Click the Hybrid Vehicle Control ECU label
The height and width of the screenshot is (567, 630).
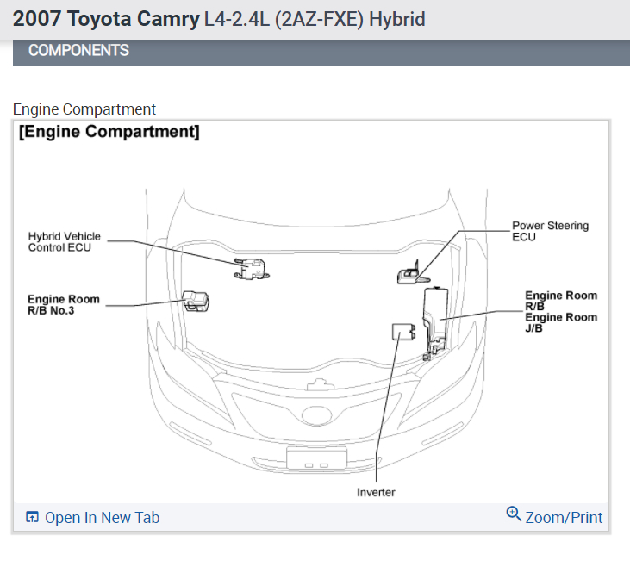[x=64, y=241]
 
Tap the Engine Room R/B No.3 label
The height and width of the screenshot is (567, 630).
[x=63, y=304]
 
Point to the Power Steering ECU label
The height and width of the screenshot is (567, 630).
[x=550, y=231]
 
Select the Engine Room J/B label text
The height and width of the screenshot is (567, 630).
[x=561, y=322]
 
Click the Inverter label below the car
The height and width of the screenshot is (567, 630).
[x=376, y=492]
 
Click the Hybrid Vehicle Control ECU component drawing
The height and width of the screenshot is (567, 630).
[x=251, y=270]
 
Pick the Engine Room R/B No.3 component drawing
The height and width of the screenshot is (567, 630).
[x=196, y=302]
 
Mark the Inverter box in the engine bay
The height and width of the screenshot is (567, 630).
[x=402, y=332]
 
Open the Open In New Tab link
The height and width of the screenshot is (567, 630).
[x=102, y=518]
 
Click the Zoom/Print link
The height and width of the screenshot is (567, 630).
[x=564, y=518]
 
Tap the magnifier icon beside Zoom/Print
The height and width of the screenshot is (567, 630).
[x=514, y=514]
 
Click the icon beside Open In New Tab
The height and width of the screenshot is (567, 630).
[x=32, y=518]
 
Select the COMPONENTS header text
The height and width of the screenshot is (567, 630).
[x=78, y=50]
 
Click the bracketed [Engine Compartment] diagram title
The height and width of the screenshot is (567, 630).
[x=109, y=132]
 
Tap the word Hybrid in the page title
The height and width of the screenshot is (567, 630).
[x=396, y=18]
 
